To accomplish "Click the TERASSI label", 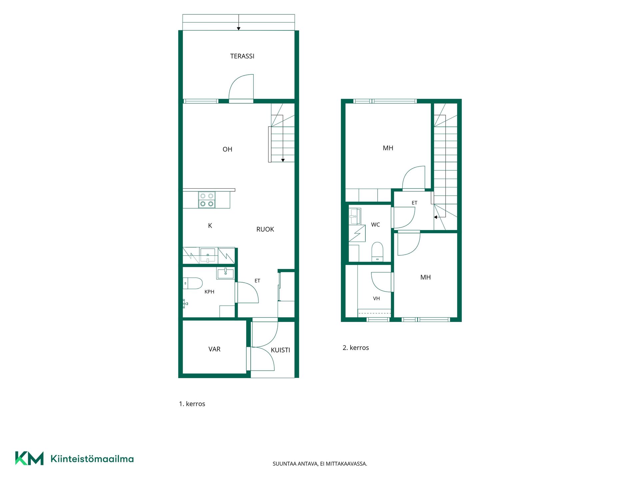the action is [x=242, y=56].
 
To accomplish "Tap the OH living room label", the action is [x=227, y=149].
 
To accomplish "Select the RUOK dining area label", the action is [x=265, y=229].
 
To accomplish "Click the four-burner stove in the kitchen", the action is [x=207, y=200].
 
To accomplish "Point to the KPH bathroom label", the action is [x=209, y=292].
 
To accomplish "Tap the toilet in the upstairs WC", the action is [x=377, y=252].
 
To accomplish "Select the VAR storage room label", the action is [x=214, y=349].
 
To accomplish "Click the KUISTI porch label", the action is [x=280, y=350].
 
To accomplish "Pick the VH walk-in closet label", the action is [x=376, y=298].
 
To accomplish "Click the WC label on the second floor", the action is [x=375, y=225].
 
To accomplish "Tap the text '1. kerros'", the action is [x=192, y=404].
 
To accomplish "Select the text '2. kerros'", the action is [x=356, y=348].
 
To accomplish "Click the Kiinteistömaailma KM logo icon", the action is [x=29, y=458].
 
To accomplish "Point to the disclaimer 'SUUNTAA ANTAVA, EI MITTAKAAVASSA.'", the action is [x=320, y=464].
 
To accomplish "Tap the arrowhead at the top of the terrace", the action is [x=239, y=29].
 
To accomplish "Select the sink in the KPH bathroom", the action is [x=225, y=273].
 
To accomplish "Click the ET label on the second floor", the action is [x=414, y=203].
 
